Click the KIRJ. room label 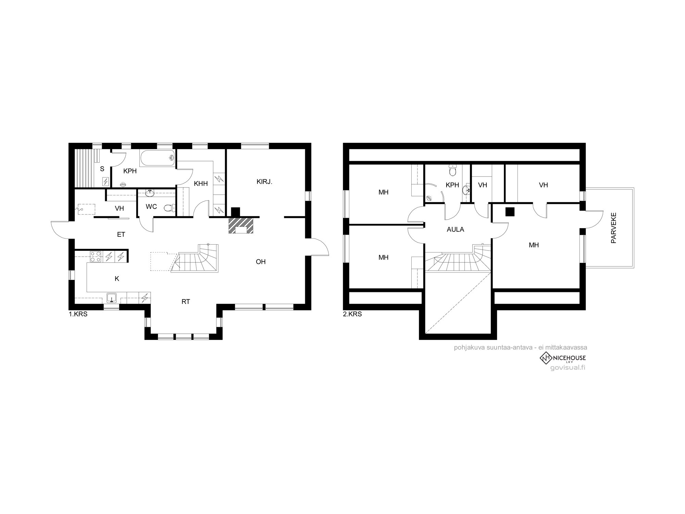coord(264,182)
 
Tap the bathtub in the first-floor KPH coord(158,159)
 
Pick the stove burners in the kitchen coord(96,257)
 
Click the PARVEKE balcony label coord(613,228)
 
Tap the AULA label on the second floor coord(456,230)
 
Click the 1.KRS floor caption coord(78,314)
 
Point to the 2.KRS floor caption coord(352,314)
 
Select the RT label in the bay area coord(186,302)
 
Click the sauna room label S coord(102,169)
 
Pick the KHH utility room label coord(201,184)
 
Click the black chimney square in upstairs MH coord(510,212)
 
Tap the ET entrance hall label coord(121,235)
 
